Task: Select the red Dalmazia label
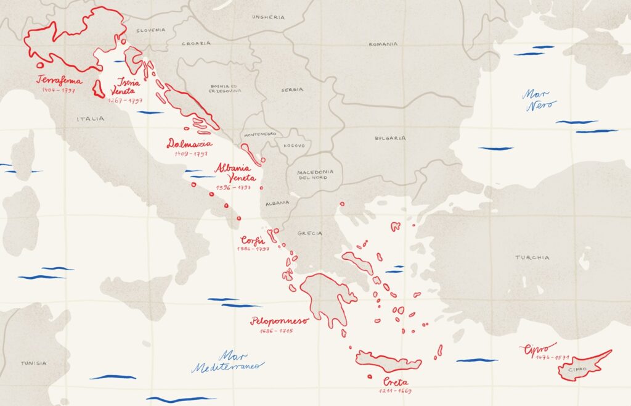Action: click(x=189, y=144)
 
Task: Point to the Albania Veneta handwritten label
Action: click(x=235, y=172)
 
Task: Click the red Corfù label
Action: click(x=253, y=240)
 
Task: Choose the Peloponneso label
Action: click(x=279, y=321)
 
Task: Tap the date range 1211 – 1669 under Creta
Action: click(x=395, y=391)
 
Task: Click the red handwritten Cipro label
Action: click(x=537, y=349)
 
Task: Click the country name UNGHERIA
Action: click(x=269, y=17)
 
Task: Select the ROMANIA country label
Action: click(x=384, y=44)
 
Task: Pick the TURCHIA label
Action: click(x=532, y=257)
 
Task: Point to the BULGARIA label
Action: click(x=390, y=138)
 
